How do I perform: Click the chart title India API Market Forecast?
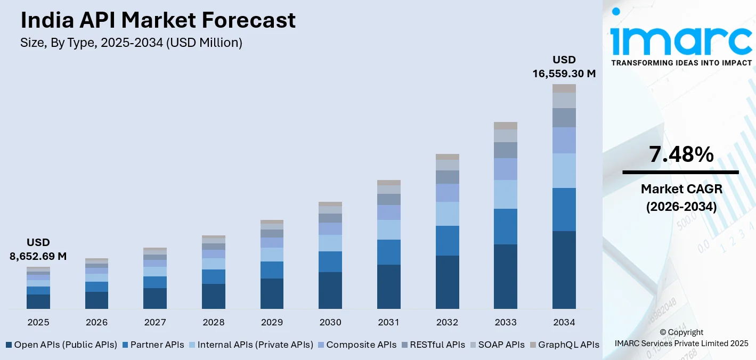(x=158, y=20)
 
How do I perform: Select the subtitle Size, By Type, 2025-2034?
(x=131, y=43)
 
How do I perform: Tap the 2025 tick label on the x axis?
(x=38, y=322)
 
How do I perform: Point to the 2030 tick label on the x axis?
(x=330, y=322)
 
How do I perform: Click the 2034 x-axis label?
(x=564, y=322)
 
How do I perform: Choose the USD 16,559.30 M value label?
(x=564, y=67)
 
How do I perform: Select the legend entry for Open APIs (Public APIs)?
(x=61, y=345)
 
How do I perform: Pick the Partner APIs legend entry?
(x=153, y=345)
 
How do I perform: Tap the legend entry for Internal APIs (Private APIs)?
(x=250, y=345)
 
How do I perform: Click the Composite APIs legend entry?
(x=356, y=345)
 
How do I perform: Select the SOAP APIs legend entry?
(x=497, y=345)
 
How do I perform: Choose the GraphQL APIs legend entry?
(x=564, y=345)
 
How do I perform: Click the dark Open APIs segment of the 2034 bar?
(x=564, y=269)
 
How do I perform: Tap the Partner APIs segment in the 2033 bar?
(x=506, y=226)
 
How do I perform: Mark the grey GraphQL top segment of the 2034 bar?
(x=564, y=88)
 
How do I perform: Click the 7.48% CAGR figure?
(x=681, y=154)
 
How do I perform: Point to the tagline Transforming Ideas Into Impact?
(x=681, y=63)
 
